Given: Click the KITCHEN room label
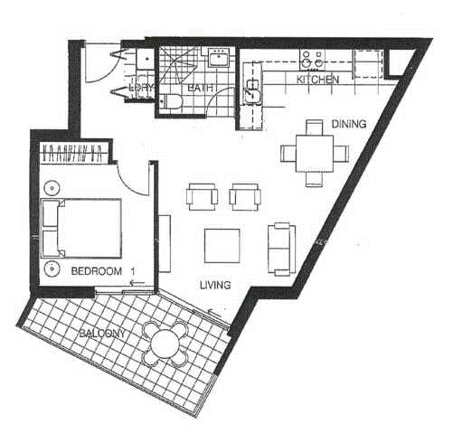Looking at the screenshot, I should [x=318, y=80].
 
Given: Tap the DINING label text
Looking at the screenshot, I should [x=348, y=124].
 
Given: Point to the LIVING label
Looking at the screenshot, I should [x=215, y=285].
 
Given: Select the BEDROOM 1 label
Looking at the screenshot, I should [x=101, y=270].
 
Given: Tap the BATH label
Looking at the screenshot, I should [x=200, y=89].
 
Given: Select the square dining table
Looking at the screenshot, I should [x=313, y=153].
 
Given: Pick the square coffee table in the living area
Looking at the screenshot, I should [x=222, y=244].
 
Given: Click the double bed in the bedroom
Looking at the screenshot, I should [x=83, y=227].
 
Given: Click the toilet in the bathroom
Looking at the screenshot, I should [x=172, y=107].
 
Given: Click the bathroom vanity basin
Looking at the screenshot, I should [x=217, y=60].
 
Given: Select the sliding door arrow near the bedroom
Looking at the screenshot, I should [x=138, y=283].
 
